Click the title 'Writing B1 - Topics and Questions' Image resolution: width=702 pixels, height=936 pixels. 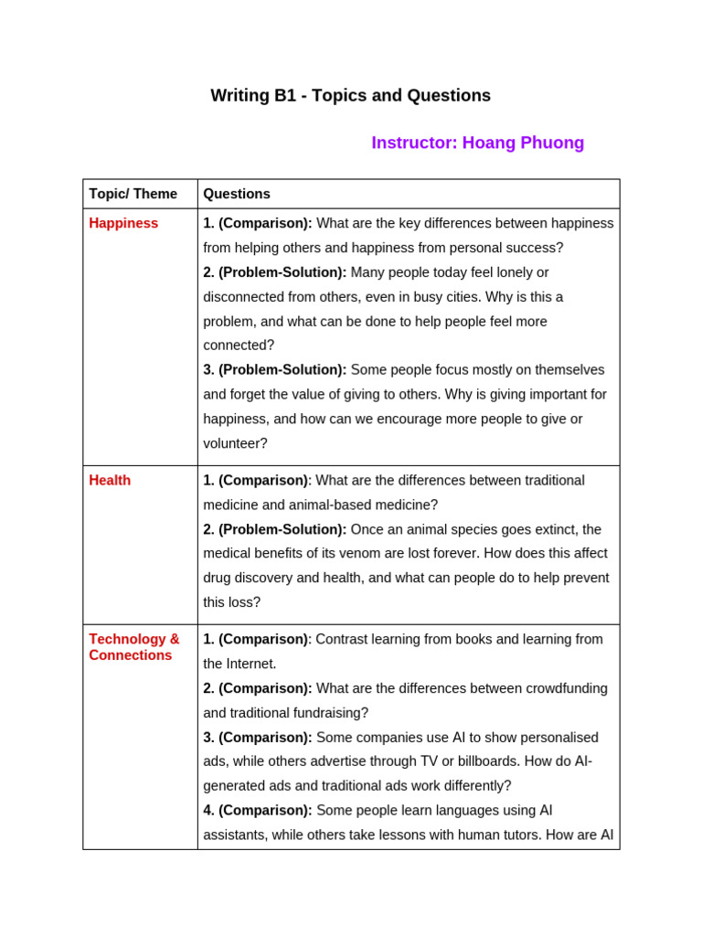pos(350,95)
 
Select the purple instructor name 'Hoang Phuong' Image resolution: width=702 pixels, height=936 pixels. pos(523,143)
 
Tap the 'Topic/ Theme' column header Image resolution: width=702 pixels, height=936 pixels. pos(133,194)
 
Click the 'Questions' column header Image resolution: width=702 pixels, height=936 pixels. pos(237,194)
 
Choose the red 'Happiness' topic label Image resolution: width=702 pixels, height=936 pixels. pos(123,223)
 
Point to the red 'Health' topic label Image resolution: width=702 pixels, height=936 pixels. pos(110,480)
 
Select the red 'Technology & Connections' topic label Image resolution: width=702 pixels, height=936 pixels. pos(134,647)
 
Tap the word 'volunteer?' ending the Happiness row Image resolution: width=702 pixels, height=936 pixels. pos(235,443)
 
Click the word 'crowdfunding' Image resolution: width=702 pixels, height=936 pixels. pos(564,688)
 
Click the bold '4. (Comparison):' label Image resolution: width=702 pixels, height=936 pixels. pos(258,810)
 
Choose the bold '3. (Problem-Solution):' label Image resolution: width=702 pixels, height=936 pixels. pos(275,369)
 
